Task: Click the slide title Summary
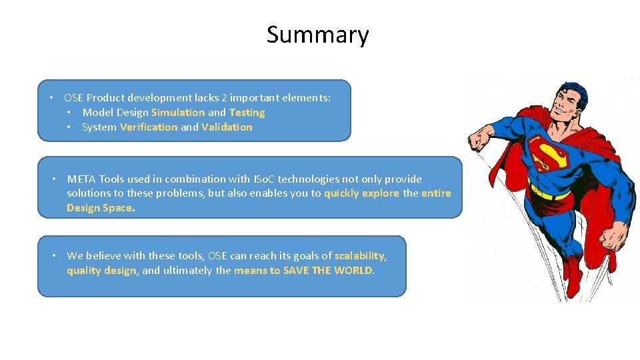(x=317, y=35)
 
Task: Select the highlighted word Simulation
(x=178, y=113)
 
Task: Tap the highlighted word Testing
(x=247, y=113)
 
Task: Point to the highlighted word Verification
(x=149, y=127)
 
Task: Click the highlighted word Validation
(x=227, y=127)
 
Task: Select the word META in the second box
(x=81, y=179)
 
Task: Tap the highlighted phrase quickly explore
(x=361, y=193)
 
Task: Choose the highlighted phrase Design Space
(x=99, y=208)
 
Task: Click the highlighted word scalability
(x=359, y=256)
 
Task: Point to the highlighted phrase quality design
(x=101, y=271)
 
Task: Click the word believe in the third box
(x=102, y=256)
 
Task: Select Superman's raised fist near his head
(x=481, y=140)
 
